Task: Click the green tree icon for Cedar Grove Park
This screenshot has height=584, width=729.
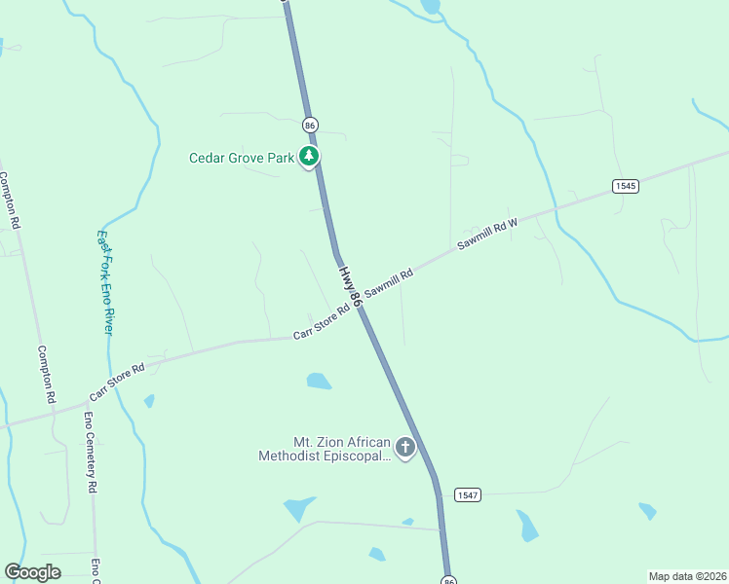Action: point(309,156)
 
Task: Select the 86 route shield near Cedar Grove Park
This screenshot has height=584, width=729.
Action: point(310,126)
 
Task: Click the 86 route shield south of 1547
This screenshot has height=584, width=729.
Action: point(448,580)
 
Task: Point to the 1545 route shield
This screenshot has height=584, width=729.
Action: point(626,186)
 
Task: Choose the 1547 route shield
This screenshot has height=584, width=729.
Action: point(467,494)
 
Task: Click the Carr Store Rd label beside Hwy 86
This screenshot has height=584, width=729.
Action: point(322,324)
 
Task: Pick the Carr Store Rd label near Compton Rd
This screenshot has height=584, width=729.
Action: point(117,382)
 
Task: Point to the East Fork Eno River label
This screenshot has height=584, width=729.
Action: point(105,282)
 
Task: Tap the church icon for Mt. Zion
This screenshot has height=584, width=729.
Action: point(404,448)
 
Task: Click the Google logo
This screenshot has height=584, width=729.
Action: point(32,572)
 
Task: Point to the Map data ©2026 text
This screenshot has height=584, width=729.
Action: point(687,576)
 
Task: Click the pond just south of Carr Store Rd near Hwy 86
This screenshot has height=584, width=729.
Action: point(319,381)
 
